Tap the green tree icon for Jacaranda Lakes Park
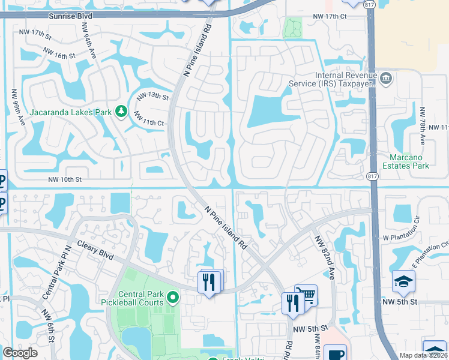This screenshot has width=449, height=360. point(121,112)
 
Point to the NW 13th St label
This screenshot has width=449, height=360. point(152,96)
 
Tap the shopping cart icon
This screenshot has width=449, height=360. point(307,295)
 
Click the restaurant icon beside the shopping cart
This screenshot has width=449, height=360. point(292,303)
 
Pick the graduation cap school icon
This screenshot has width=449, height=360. point(403,280)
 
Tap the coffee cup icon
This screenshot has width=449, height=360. point(335,354)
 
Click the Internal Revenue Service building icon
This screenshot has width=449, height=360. point(385,78)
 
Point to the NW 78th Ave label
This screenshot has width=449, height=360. point(423,126)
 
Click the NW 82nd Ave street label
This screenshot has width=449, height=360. point(324,256)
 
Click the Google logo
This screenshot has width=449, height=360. point(20,353)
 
